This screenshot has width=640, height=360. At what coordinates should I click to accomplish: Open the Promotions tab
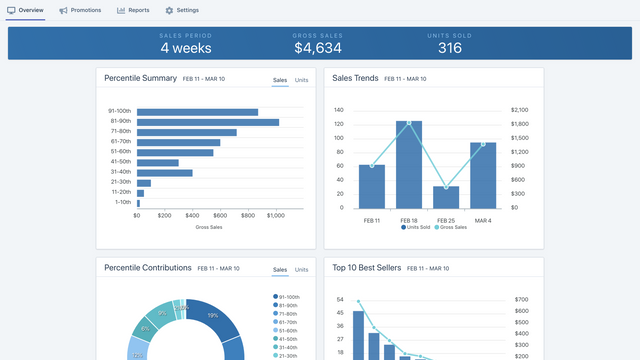pyautogui.click(x=80, y=10)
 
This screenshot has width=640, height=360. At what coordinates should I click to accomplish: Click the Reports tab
pyautogui.click(x=133, y=10)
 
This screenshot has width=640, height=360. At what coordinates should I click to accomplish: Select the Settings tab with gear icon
pyautogui.click(x=182, y=10)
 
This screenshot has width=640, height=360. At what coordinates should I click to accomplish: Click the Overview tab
pyautogui.click(x=25, y=10)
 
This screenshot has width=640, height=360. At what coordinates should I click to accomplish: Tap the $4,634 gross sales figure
pyautogui.click(x=318, y=47)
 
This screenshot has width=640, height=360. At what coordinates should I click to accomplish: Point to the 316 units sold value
pyautogui.click(x=450, y=47)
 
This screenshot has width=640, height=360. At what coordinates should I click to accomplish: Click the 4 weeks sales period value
pyautogui.click(x=186, y=47)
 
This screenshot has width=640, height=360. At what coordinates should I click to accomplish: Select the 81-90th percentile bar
pyautogui.click(x=208, y=122)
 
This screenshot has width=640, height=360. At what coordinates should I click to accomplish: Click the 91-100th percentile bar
pyautogui.click(x=197, y=112)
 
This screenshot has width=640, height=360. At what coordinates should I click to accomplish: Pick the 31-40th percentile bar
pyautogui.click(x=165, y=172)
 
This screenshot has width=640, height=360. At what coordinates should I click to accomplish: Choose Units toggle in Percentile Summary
pyautogui.click(x=301, y=79)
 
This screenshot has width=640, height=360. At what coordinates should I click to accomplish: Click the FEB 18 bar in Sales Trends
pyautogui.click(x=408, y=164)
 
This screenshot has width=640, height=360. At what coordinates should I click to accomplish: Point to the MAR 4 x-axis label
pyautogui.click(x=483, y=220)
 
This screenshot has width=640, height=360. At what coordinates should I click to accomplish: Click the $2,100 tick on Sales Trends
pyautogui.click(x=519, y=110)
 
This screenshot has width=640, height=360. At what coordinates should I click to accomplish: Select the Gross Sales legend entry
pyautogui.click(x=451, y=228)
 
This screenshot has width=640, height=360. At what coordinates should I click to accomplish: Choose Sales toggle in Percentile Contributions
pyautogui.click(x=280, y=270)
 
